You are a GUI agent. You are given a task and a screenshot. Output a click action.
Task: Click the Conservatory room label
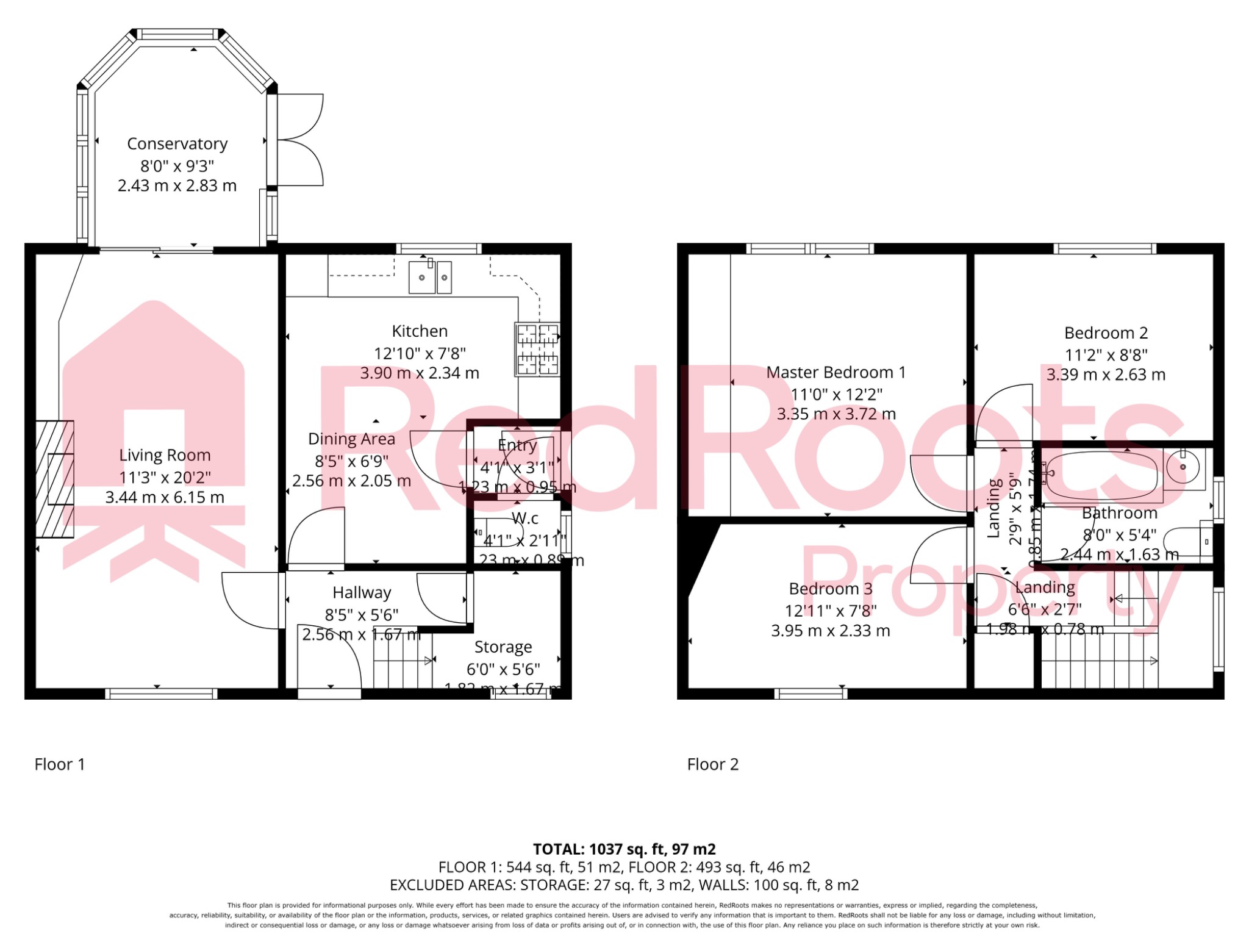pos(177,144)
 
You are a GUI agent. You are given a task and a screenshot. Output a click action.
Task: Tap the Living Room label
pos(165,455)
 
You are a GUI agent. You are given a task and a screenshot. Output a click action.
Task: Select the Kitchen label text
pos(420,331)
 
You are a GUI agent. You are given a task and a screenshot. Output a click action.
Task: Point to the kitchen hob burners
pos(537,350)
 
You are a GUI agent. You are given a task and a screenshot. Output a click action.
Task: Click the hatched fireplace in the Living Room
pos(55,479)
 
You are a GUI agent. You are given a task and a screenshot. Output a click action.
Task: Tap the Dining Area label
pos(351,439)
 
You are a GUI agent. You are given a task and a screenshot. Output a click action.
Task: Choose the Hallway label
pos(362,592)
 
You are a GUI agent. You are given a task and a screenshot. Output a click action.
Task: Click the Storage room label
pos(503,647)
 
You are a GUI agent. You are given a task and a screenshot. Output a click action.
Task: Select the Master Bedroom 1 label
pos(836,372)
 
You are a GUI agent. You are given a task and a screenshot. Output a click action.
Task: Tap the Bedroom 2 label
pos(1106,333)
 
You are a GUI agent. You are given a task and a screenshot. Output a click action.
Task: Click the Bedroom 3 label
pos(831,589)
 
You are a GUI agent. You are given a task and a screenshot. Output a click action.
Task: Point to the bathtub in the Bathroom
pos(1101,475)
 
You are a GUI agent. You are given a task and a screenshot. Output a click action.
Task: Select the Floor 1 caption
pos(60,764)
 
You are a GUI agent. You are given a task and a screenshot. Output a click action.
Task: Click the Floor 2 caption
pos(712,764)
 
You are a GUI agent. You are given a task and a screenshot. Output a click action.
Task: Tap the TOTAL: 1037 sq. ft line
pos(624,849)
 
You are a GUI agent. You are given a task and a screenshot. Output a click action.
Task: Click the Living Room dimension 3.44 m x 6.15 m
pos(165,497)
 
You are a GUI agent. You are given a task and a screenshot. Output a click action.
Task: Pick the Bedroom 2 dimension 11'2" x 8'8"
pos(1106,355)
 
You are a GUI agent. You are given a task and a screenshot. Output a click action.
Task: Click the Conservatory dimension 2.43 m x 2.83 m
pos(177,185)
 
